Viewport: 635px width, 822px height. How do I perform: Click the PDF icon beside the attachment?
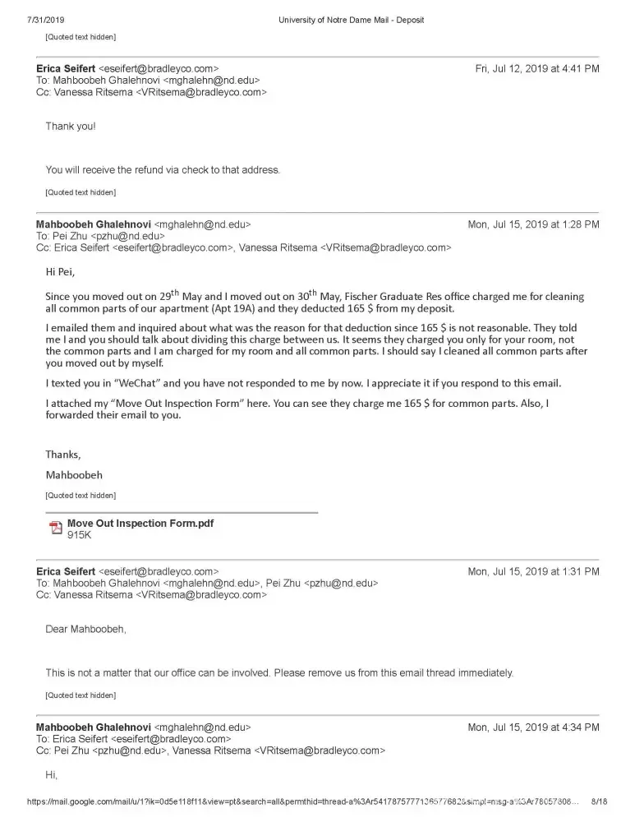(x=56, y=528)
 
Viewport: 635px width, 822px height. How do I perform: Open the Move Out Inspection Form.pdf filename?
(x=140, y=523)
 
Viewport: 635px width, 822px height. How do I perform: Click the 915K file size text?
(x=79, y=535)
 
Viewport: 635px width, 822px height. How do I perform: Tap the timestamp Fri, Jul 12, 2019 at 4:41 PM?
(x=537, y=69)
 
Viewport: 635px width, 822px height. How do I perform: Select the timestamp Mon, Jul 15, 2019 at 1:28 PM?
(x=533, y=224)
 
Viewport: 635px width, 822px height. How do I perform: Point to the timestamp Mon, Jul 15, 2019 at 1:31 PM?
(x=533, y=571)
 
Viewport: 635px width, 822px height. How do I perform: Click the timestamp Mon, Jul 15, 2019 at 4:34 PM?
(x=533, y=727)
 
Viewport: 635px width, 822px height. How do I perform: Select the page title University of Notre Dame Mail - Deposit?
(x=351, y=20)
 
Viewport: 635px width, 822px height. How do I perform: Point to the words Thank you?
(x=70, y=127)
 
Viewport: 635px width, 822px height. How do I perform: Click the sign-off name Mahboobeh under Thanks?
(x=75, y=474)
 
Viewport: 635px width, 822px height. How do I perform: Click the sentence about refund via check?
(x=163, y=170)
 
